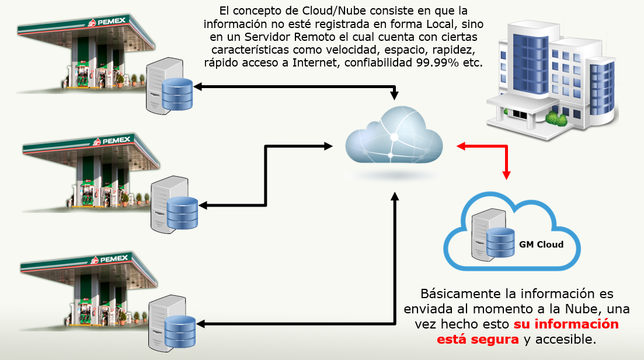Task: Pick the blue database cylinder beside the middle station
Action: click(182, 213)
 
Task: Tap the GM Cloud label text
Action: click(541, 244)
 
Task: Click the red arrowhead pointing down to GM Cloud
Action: click(507, 174)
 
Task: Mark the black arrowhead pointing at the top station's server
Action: click(198, 87)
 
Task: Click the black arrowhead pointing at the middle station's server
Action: click(204, 205)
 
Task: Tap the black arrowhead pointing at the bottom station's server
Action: click(200, 323)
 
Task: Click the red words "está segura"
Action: click(478, 339)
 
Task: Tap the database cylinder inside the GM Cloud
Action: click(500, 244)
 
